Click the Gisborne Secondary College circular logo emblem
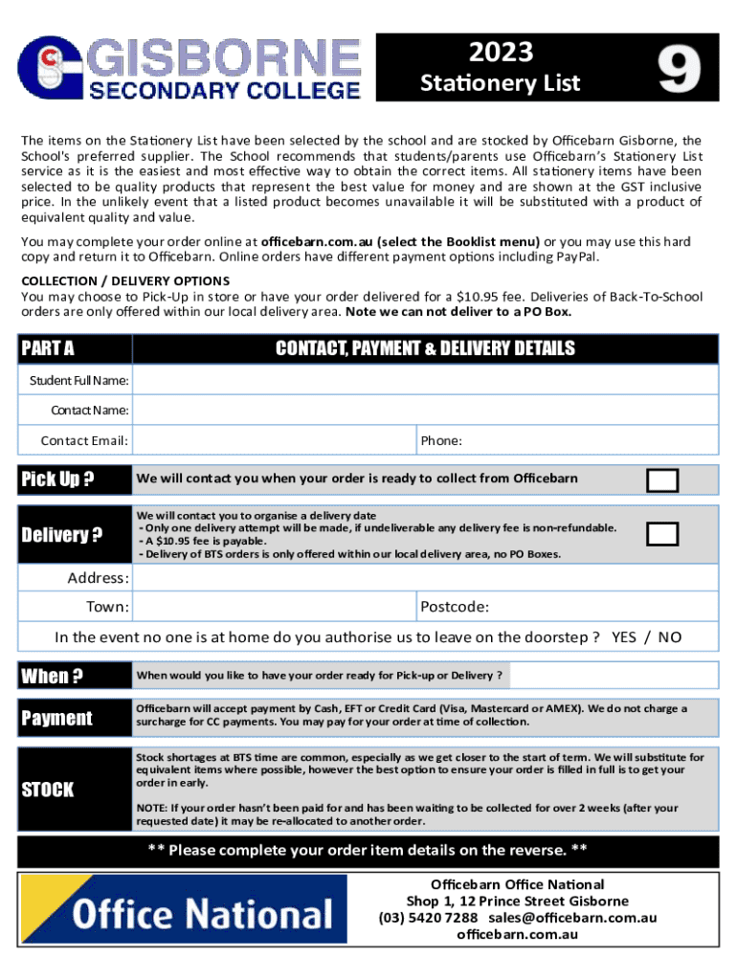(51, 70)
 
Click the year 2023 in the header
(501, 53)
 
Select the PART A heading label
(48, 348)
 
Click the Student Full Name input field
(424, 381)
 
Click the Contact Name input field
(424, 411)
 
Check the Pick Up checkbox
(662, 479)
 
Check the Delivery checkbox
(662, 534)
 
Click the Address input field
(424, 578)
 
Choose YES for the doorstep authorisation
(624, 637)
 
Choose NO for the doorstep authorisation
(670, 637)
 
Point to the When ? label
(52, 677)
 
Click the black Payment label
(57, 718)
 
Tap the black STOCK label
(48, 790)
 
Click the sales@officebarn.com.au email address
(572, 917)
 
